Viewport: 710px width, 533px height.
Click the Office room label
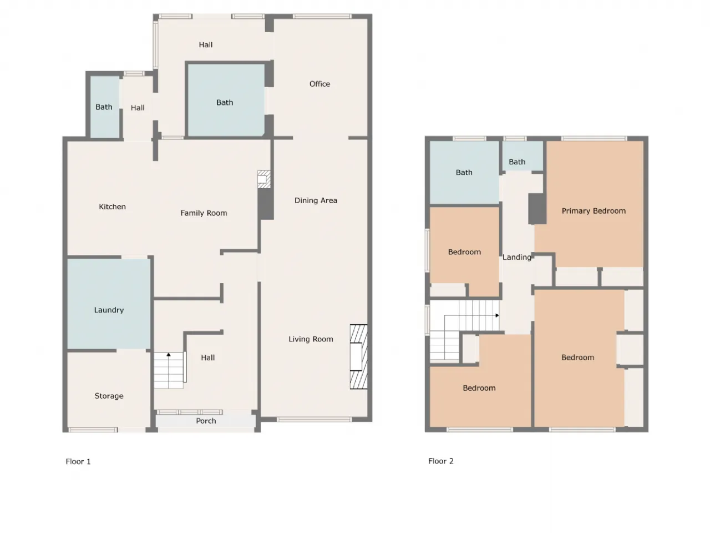click(x=319, y=84)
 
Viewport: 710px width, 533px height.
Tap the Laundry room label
click(x=109, y=310)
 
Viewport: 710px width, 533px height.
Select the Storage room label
click(x=109, y=396)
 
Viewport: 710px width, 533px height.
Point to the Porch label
click(x=206, y=421)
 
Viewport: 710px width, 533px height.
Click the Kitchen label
click(x=112, y=207)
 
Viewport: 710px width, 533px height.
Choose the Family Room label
click(x=204, y=213)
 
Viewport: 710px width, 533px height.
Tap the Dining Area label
click(x=316, y=200)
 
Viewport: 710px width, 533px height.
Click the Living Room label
click(x=311, y=339)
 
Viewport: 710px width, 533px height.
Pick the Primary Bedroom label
click(x=594, y=211)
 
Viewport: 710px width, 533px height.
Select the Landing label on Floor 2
click(x=516, y=257)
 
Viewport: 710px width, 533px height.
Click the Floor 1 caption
click(x=78, y=461)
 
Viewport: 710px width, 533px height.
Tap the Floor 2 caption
click(x=440, y=461)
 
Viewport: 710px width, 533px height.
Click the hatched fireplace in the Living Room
click(x=358, y=356)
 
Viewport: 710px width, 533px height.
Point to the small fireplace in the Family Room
click(x=263, y=179)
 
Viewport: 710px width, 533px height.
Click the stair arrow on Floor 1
click(x=169, y=370)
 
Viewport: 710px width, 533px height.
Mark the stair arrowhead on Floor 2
click(x=497, y=315)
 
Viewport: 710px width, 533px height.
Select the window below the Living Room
click(x=314, y=420)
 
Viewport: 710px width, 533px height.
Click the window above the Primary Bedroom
click(x=594, y=138)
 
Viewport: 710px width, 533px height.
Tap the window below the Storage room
click(x=93, y=430)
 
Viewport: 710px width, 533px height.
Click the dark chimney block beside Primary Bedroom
click(x=537, y=209)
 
